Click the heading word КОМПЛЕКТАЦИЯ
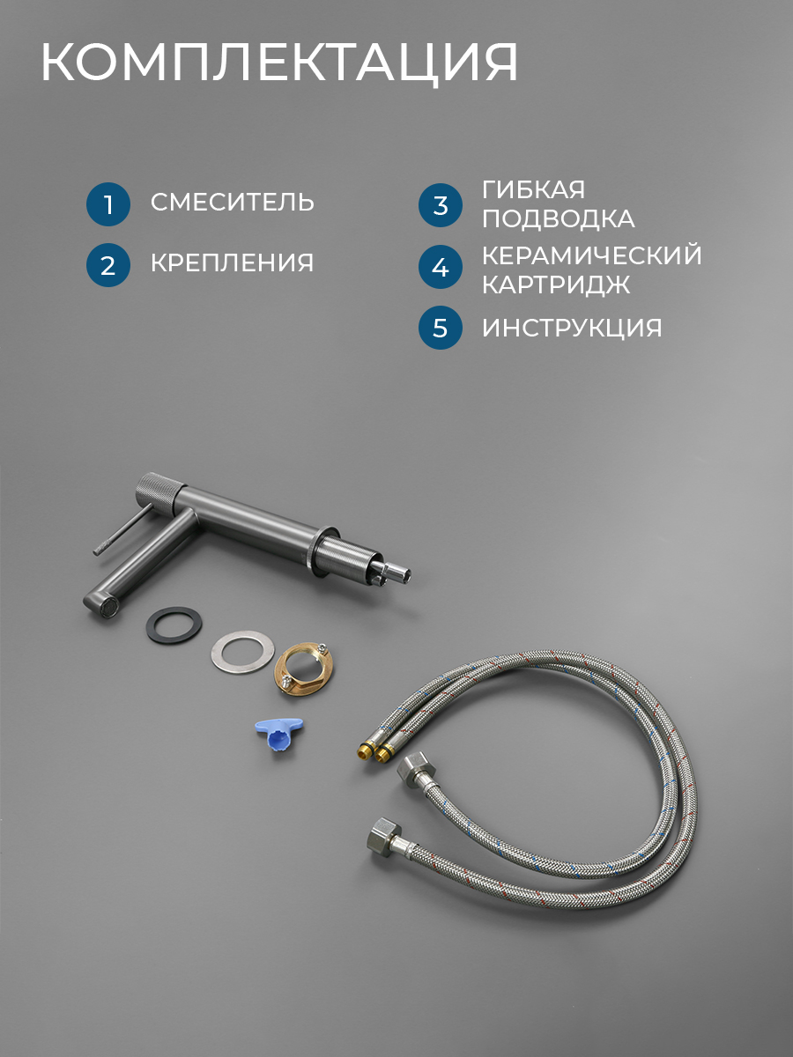point(278,63)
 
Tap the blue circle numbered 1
point(108,204)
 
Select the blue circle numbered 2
point(108,265)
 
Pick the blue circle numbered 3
point(440,205)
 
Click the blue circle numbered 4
point(440,267)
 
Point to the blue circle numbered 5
point(440,328)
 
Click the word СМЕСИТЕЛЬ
point(232,202)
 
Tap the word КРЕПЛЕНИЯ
point(232,262)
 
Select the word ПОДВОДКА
point(558,219)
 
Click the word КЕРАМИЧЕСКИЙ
point(592,255)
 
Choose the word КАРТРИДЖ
point(556,285)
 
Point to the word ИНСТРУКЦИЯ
point(572,328)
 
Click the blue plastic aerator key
point(278,734)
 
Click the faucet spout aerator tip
point(107,606)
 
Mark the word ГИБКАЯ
point(533,189)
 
